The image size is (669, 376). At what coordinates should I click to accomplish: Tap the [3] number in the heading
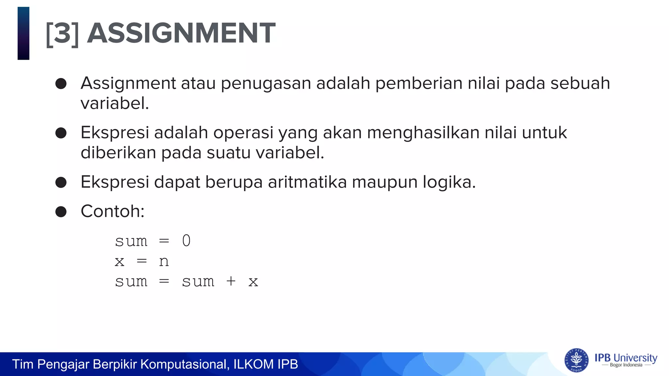click(x=62, y=34)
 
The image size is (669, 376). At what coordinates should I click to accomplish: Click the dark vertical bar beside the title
click(x=24, y=33)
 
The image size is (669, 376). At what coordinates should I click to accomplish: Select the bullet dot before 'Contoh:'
click(x=61, y=211)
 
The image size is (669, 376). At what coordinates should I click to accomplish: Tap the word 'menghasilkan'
click(x=423, y=133)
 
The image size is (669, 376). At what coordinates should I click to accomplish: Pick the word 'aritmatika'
click(x=307, y=182)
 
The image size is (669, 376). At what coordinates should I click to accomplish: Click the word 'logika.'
click(x=449, y=182)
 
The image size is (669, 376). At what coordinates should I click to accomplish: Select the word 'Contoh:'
click(x=112, y=211)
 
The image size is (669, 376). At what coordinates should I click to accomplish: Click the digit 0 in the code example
click(x=186, y=241)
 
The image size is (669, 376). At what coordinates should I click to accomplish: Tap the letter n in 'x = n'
click(x=164, y=261)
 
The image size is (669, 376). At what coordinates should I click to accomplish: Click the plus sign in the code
click(x=231, y=281)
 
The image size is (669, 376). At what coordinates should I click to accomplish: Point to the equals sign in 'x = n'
click(x=142, y=261)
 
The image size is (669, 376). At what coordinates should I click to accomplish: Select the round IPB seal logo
click(x=576, y=360)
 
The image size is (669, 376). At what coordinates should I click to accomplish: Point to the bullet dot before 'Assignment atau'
click(x=61, y=84)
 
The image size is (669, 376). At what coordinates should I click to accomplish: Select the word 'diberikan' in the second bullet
click(x=118, y=152)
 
